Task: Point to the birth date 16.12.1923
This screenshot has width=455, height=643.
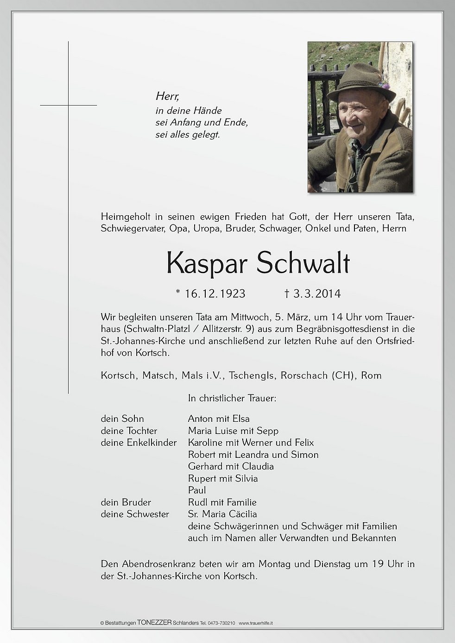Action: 215,293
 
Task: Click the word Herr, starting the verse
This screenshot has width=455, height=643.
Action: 167,96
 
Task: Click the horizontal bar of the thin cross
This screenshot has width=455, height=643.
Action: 69,106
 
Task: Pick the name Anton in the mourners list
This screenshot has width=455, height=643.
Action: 201,418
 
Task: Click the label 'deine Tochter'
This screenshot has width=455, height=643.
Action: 129,431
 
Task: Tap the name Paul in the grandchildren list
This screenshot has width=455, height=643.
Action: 197,490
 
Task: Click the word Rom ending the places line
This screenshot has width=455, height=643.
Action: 371,375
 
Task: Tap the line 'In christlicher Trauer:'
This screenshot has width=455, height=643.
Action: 232,398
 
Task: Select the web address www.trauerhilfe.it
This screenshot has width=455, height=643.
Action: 256,623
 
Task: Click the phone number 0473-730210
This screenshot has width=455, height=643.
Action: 223,623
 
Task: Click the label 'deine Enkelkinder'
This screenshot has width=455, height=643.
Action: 139,443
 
